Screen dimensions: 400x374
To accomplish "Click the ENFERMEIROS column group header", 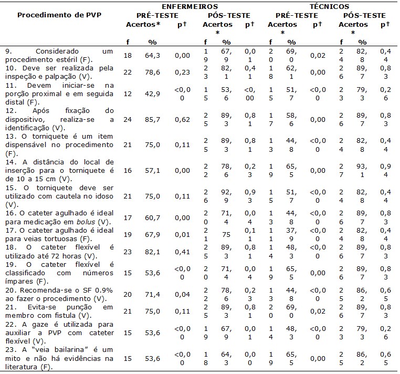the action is pos(190,6).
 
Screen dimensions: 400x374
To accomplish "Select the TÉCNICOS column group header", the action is pos(329,6).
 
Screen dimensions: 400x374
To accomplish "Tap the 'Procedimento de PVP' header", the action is pos(59,15).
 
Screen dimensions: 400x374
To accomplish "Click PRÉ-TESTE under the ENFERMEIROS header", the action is pos(157,16).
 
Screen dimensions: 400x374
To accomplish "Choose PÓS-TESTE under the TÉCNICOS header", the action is pos(364,16).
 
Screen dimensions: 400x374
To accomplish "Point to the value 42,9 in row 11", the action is pos(153,93).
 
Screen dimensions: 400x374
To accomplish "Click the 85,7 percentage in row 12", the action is pos(153,119).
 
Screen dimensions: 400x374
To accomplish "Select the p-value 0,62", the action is pos(182,119).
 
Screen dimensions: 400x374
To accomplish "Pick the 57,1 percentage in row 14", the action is pos(153,171).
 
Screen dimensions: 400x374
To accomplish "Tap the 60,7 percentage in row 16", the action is pos(153,218).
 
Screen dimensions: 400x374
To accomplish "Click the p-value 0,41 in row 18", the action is pos(182,252).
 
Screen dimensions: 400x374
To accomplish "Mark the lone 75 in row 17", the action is pos(226,235).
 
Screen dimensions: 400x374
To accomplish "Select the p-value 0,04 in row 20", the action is pos(182,294).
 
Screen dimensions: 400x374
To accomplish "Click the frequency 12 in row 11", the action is pos(128,93).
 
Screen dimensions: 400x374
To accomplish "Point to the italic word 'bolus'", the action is pos(86,222).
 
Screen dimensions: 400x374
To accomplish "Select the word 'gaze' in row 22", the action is pos(40,325).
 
